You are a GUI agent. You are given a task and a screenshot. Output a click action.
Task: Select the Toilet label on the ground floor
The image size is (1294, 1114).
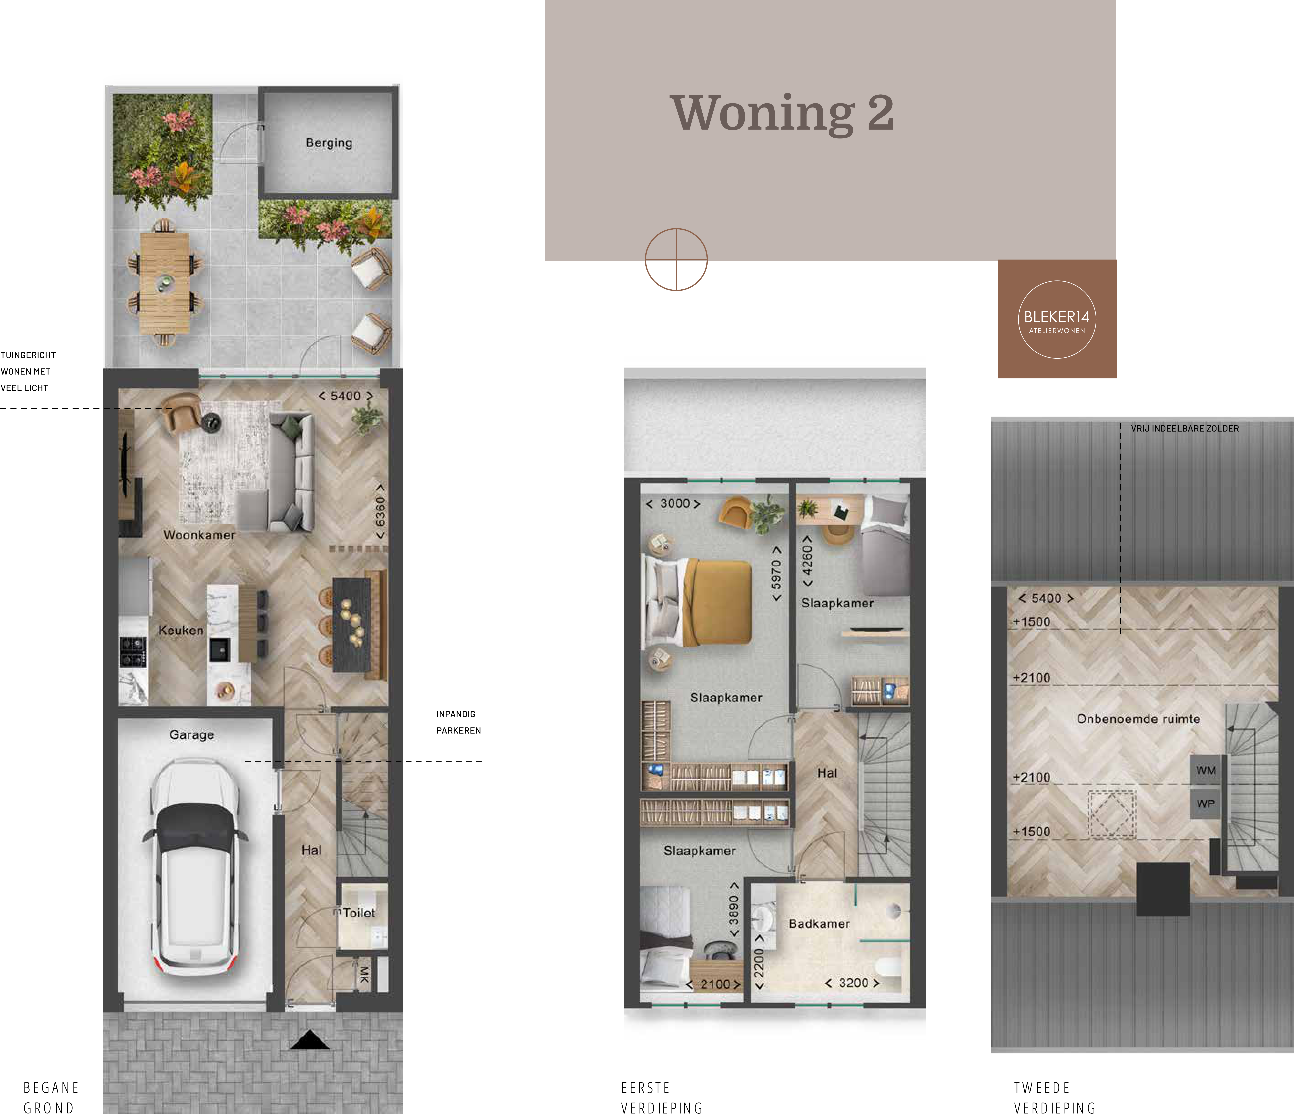pyautogui.click(x=359, y=913)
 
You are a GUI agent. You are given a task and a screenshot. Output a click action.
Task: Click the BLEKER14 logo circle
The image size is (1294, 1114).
pyautogui.click(x=1057, y=319)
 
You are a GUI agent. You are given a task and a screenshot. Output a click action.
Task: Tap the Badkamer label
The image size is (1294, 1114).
pyautogui.click(x=819, y=924)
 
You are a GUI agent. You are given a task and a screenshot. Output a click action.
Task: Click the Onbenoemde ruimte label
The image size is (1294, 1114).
pyautogui.click(x=1138, y=719)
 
